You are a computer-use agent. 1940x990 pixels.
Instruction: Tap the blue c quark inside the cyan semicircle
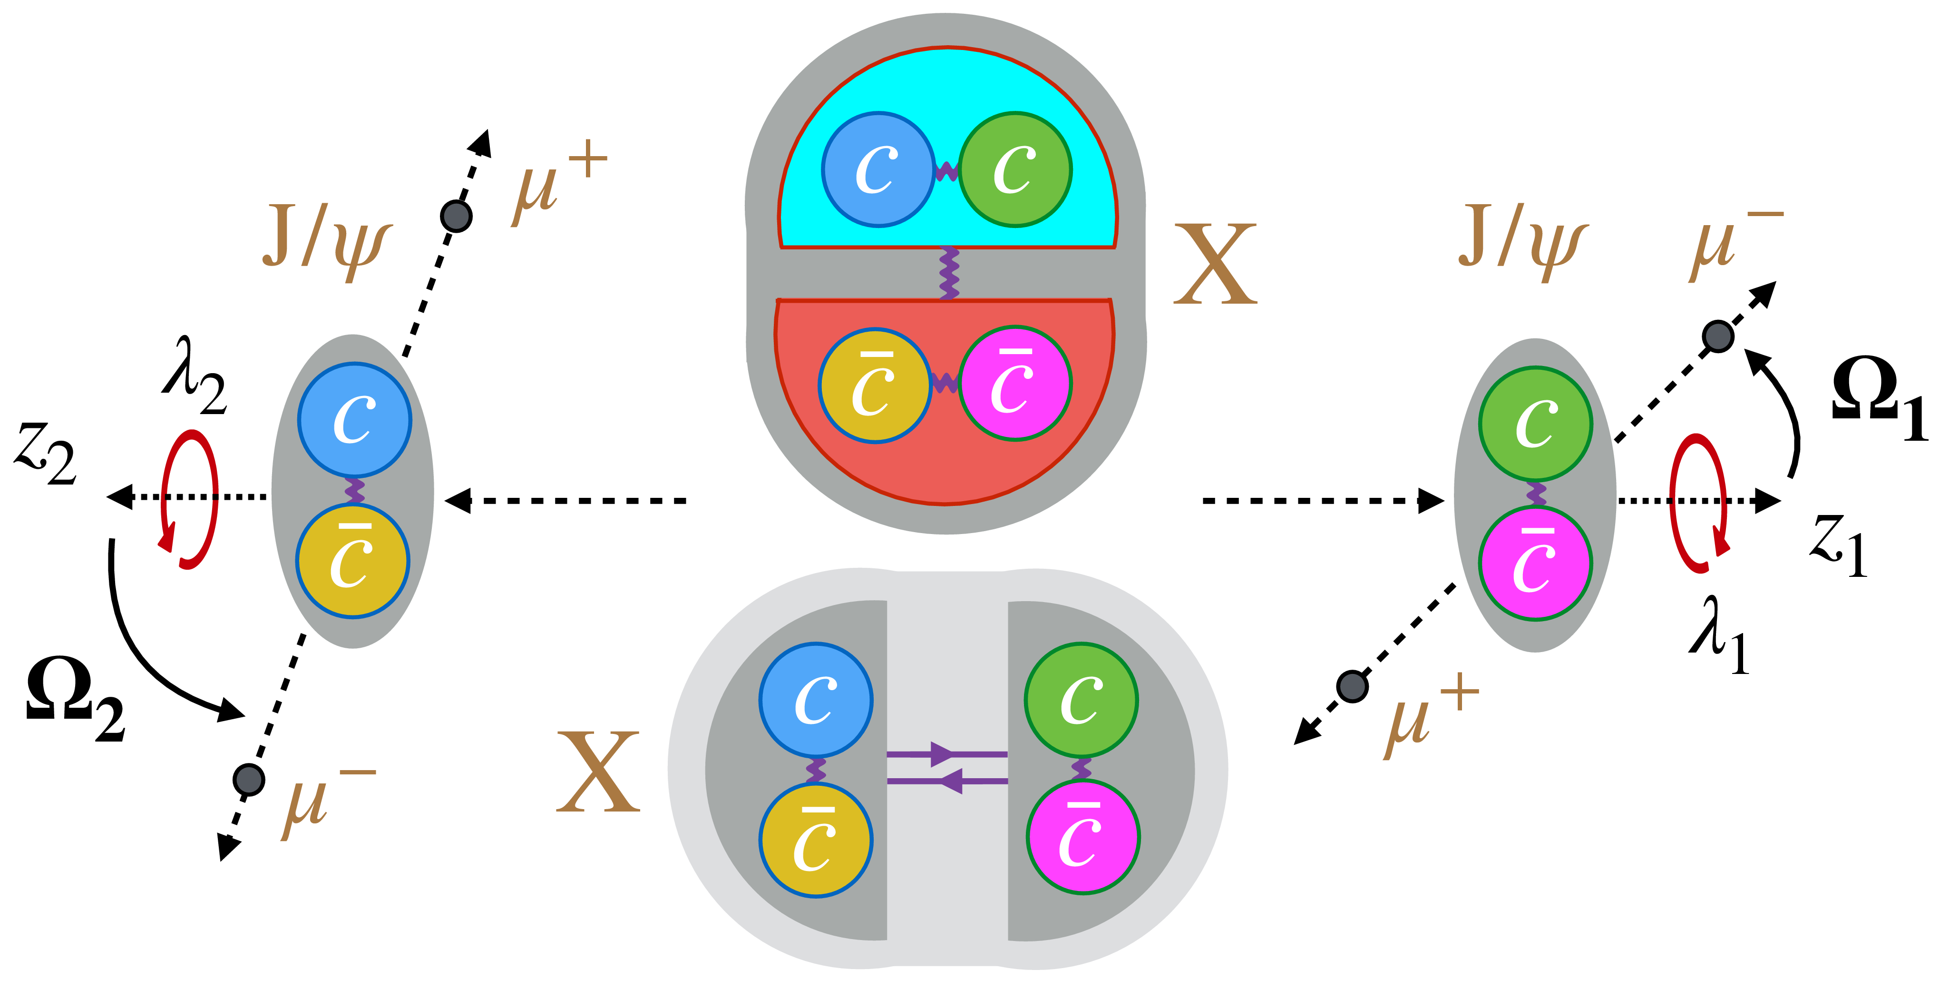click(x=878, y=169)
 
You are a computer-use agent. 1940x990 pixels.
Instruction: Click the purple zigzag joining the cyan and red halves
click(x=949, y=273)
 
